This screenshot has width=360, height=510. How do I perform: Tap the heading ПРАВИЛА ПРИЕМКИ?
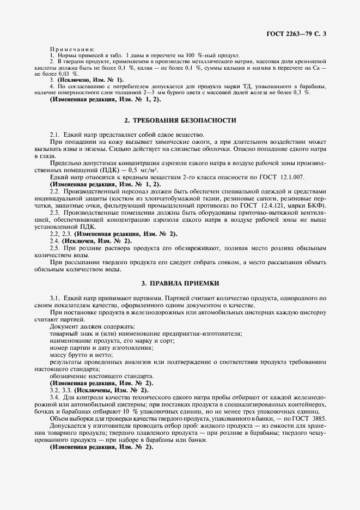click(x=180, y=283)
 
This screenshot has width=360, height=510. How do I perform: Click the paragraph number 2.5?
click(x=55, y=247)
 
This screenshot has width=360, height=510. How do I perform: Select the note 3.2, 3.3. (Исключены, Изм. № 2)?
click(x=99, y=390)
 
